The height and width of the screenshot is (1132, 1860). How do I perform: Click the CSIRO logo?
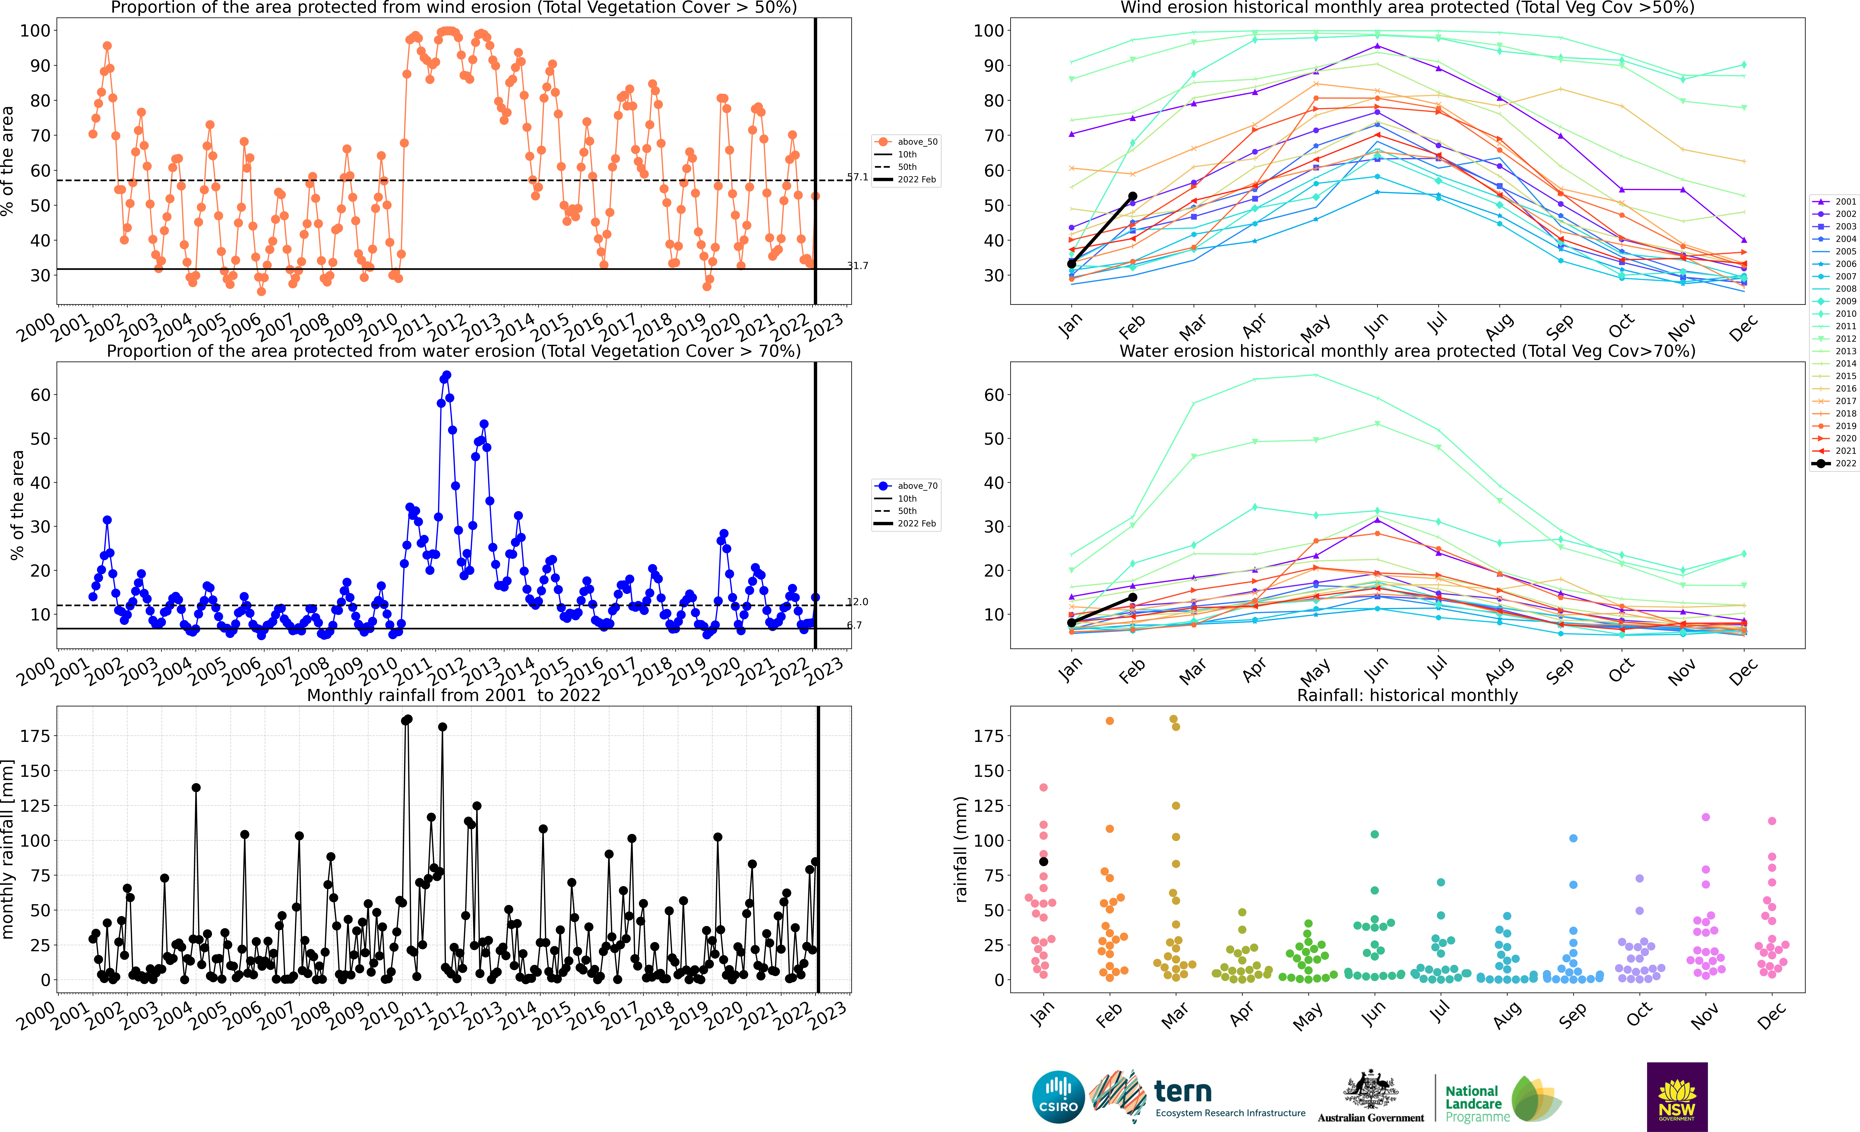click(x=1058, y=1096)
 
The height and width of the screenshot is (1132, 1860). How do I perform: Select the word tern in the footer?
click(x=1183, y=1091)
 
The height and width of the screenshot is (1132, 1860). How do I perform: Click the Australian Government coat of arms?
click(x=1370, y=1089)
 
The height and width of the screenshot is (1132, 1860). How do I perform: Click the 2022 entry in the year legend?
click(x=1834, y=463)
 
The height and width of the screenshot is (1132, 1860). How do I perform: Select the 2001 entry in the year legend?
click(x=1834, y=201)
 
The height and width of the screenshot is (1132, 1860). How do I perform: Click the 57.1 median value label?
click(x=857, y=177)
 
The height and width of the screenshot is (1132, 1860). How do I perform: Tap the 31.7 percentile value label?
click(x=857, y=266)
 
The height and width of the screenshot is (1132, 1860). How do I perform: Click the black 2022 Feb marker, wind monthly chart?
click(x=1132, y=196)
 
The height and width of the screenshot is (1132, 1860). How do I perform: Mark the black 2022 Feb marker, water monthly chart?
click(x=1132, y=597)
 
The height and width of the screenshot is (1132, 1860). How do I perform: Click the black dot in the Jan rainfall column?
click(x=1043, y=862)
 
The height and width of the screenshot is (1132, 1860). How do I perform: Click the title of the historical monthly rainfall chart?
click(x=1407, y=695)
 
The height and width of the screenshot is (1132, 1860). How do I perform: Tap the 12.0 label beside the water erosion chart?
click(x=857, y=601)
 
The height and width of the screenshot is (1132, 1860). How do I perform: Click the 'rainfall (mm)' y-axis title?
click(x=960, y=849)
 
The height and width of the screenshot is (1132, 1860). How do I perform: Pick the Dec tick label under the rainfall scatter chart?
click(x=1771, y=1015)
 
